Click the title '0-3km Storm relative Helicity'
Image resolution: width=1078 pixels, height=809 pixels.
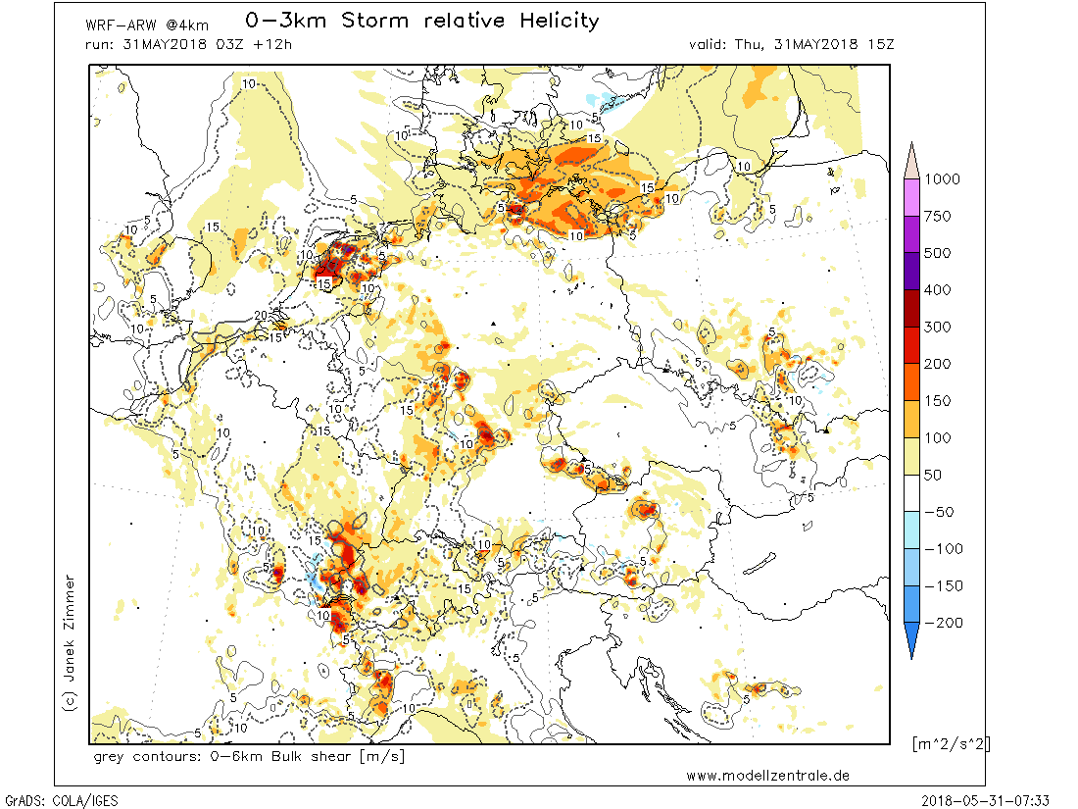point(420,21)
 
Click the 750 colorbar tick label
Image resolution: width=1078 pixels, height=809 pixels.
point(942,217)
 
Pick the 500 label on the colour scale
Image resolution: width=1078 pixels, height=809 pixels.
point(942,253)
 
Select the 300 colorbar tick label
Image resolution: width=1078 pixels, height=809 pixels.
point(942,327)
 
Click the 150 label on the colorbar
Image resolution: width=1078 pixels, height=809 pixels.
point(942,401)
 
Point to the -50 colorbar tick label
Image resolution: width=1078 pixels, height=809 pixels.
point(942,512)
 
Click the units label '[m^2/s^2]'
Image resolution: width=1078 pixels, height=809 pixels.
point(950,743)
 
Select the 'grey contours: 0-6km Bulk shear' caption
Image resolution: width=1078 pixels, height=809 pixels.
point(249,757)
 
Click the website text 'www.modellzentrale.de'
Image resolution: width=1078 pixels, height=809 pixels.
point(767,776)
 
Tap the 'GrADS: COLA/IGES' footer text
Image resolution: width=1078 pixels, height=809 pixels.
point(61,800)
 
